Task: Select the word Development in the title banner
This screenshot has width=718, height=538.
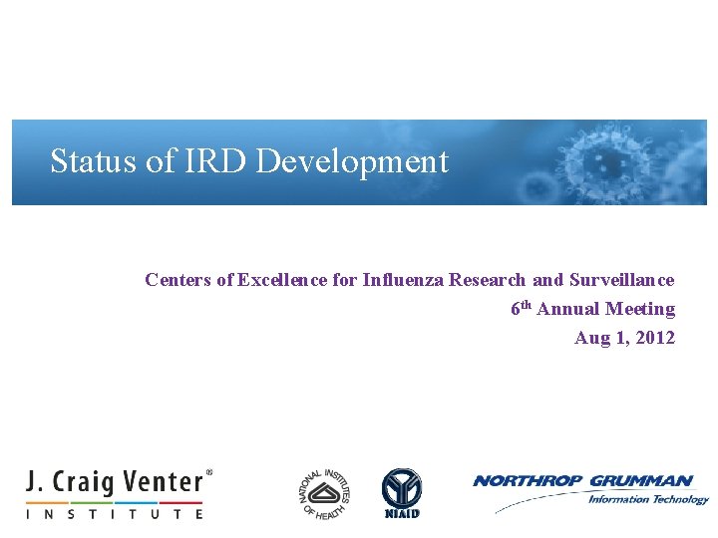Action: [352, 161]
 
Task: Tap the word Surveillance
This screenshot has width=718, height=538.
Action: [619, 280]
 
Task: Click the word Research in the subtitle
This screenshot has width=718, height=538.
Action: [487, 280]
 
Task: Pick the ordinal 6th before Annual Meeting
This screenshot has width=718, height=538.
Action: [522, 309]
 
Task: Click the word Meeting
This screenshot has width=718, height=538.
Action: [640, 309]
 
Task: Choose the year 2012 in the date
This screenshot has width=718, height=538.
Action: [655, 338]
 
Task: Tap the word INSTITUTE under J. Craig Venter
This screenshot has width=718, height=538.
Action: [115, 514]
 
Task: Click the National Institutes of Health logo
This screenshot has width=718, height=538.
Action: [325, 493]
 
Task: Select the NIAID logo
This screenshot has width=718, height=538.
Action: [402, 493]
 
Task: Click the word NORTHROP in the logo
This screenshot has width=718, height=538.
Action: [529, 481]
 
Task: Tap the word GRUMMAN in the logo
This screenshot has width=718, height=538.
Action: [641, 481]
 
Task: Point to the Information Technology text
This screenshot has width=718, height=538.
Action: [647, 499]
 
